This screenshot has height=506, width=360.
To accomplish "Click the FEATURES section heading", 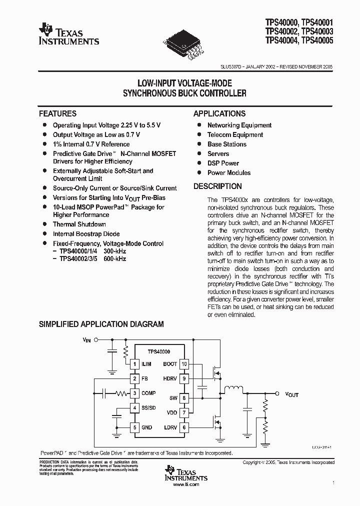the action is point(58,113).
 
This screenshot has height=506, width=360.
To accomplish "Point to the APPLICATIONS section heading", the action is point(219,113).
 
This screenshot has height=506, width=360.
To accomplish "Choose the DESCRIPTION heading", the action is point(217,186).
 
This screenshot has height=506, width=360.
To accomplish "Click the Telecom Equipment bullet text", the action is point(235,135).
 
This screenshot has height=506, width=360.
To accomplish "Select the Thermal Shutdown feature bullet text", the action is point(79,224).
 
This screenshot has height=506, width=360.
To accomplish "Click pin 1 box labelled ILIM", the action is point(134,364).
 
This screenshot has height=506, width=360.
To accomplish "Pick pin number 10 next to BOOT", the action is point(184,364).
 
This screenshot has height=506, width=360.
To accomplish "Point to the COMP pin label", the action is point(148,393).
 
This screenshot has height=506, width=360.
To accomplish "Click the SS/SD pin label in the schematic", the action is point(149,408).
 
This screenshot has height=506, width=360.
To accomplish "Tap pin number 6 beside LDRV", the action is point(184,427).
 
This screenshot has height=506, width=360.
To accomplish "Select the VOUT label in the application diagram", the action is point(291,394).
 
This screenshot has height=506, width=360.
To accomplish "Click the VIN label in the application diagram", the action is point(87,340).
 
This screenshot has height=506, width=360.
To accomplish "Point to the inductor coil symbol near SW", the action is point(232,389).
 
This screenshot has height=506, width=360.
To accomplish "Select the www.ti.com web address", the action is point(185,484).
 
